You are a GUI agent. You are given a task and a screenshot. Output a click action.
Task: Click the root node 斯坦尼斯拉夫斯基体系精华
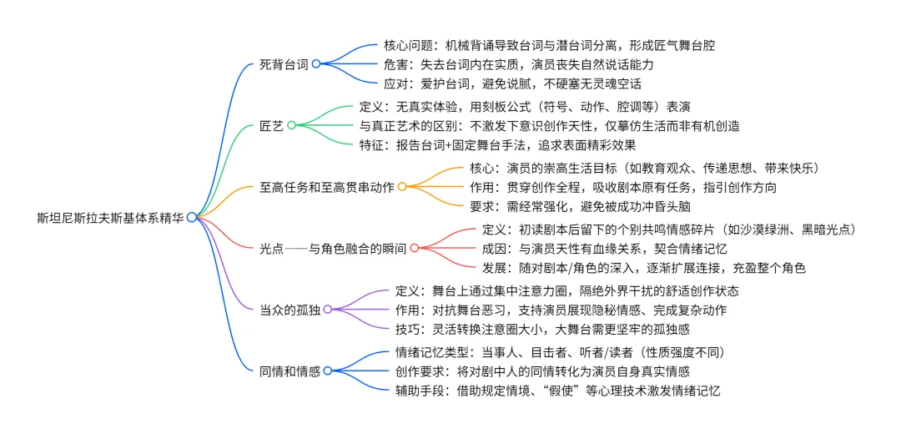[110, 217]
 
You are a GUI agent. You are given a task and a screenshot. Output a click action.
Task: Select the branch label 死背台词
[284, 63]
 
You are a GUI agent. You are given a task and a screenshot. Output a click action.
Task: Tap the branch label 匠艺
[272, 125]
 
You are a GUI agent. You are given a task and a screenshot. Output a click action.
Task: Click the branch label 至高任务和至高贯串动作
[327, 186]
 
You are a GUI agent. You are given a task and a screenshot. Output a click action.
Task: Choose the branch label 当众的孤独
[290, 309]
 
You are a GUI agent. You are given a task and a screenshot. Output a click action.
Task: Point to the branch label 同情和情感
[290, 370]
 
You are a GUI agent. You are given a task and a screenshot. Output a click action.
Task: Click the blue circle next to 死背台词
[316, 63]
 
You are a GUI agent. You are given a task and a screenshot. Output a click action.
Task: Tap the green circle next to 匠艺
[291, 125]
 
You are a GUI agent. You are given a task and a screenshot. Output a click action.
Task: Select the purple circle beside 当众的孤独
[328, 309]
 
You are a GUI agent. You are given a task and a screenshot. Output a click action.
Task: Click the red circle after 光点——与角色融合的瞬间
[414, 247]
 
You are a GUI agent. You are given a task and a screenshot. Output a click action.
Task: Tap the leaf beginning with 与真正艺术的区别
[549, 125]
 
